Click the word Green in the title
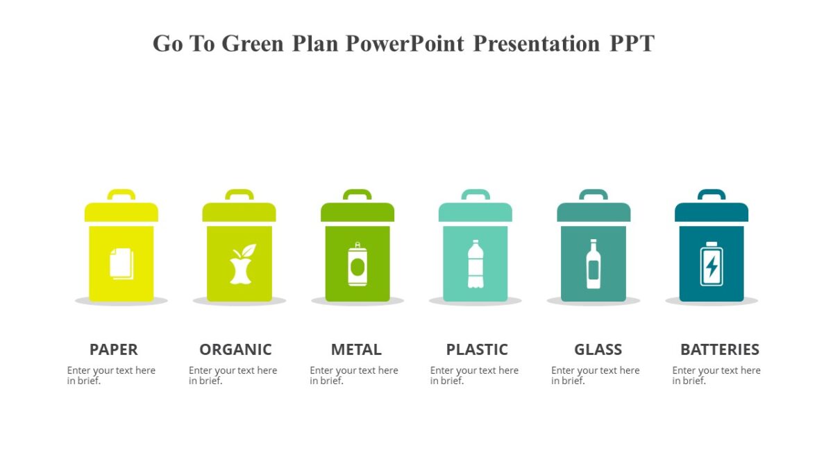[253, 44]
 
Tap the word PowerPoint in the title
[405, 44]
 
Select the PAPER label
[114, 349]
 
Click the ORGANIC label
[235, 349]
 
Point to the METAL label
[356, 349]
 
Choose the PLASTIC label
[477, 349]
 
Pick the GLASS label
[598, 349]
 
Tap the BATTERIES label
[720, 349]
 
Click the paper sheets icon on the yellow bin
[121, 264]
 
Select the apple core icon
[241, 264]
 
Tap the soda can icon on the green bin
[357, 264]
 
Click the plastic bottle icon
[476, 264]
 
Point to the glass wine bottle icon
[594, 264]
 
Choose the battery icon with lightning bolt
[712, 264]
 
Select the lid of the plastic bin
[476, 212]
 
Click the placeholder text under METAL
[353, 375]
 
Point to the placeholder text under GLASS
[595, 375]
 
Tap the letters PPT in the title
[632, 44]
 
